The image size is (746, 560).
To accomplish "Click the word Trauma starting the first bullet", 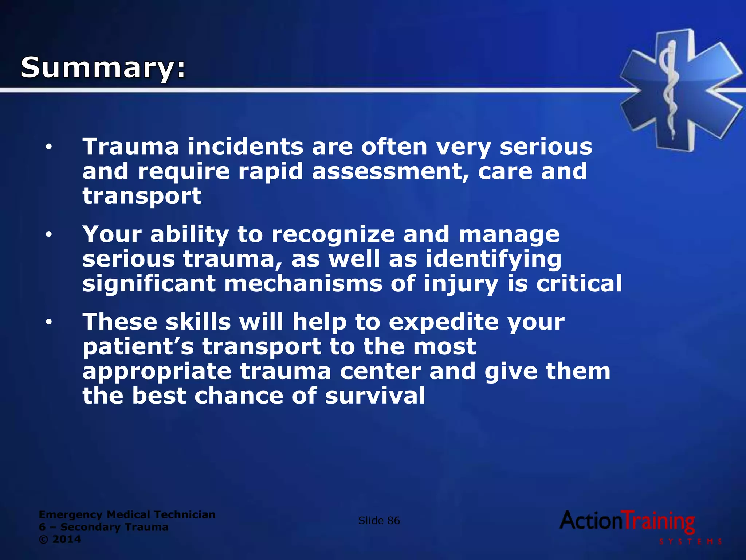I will (131, 147).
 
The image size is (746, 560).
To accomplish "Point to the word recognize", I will (333, 235).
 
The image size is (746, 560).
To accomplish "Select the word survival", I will (375, 396).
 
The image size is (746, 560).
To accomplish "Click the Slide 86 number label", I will (379, 521).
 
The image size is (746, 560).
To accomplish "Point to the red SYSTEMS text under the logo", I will (691, 542).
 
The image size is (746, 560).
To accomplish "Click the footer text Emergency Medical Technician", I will (127, 514).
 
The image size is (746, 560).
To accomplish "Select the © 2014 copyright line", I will (60, 539).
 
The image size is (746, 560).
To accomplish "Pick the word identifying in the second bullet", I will (493, 260).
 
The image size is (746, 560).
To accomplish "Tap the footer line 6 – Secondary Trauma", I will (104, 527).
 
